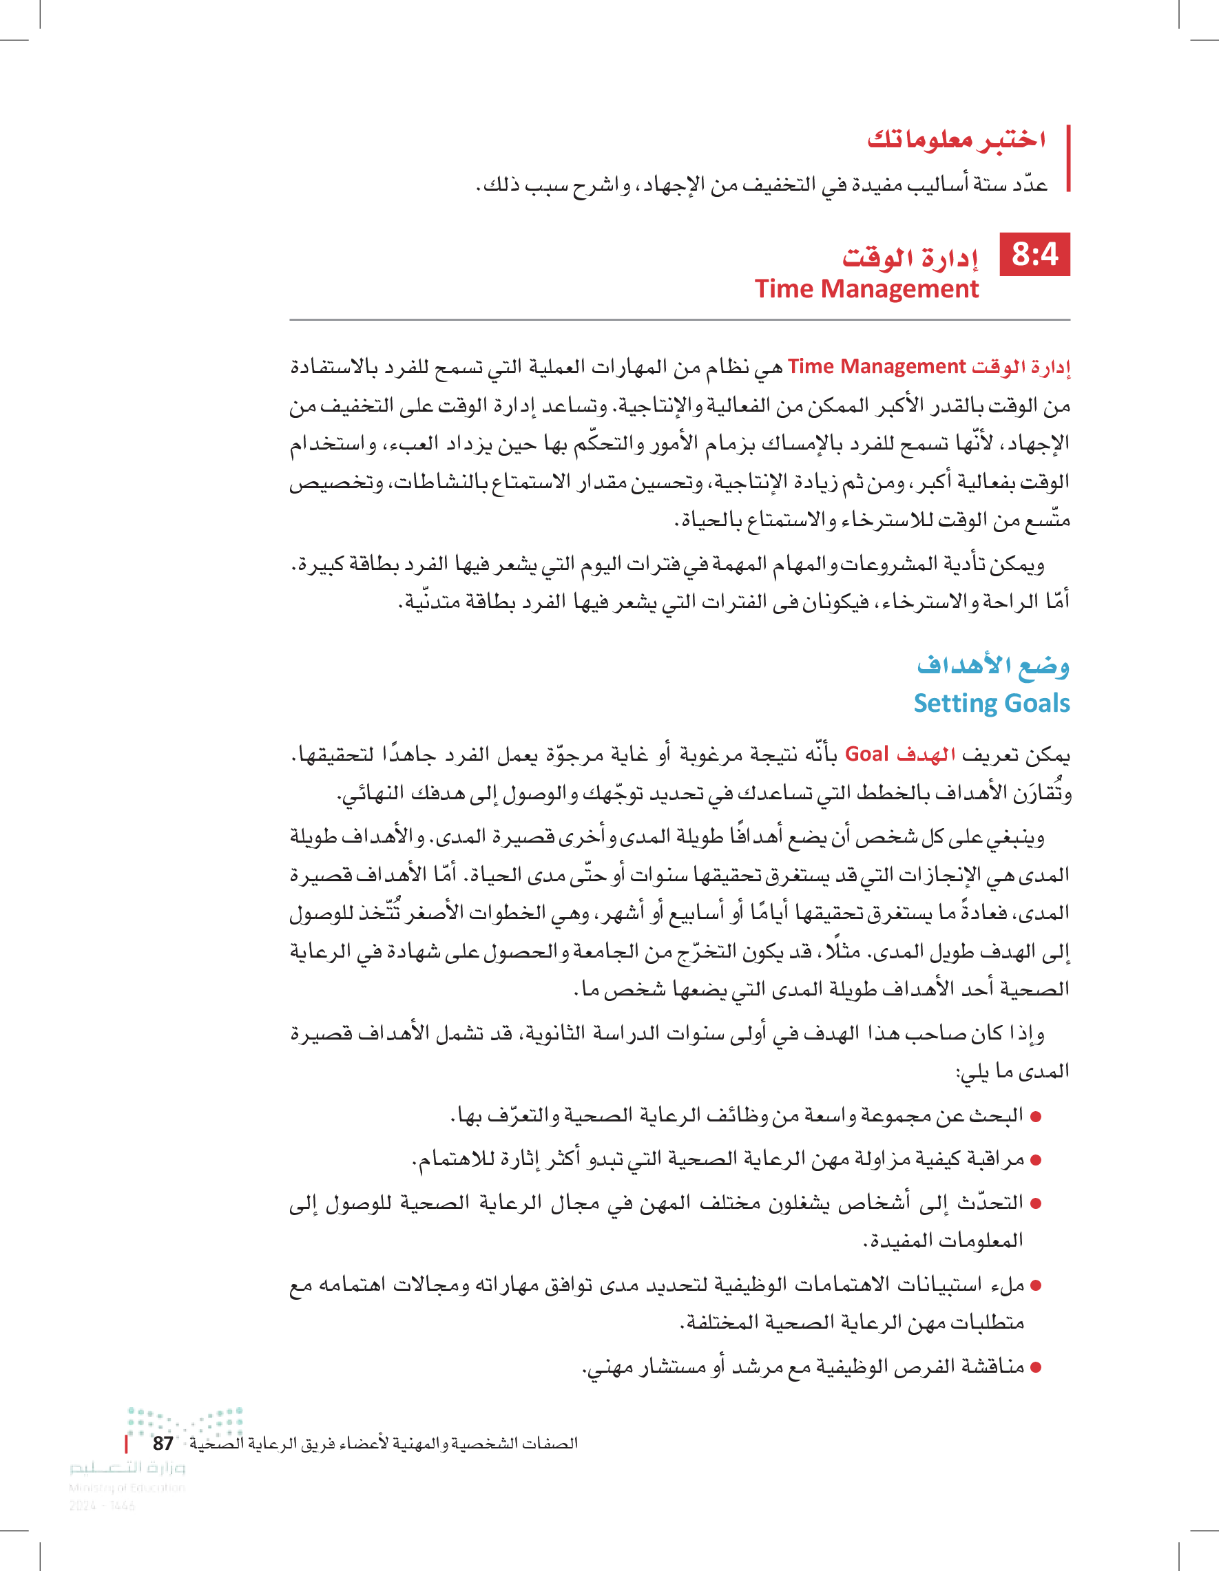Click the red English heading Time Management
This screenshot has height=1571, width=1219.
click(866, 289)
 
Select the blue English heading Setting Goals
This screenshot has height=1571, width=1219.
click(992, 703)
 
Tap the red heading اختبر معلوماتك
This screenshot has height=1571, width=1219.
click(957, 139)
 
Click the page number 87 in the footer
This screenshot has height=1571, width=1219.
click(163, 1443)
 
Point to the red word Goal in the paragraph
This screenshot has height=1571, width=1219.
click(866, 754)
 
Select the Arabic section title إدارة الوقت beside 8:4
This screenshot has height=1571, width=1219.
click(910, 256)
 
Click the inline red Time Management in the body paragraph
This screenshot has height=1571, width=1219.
click(877, 367)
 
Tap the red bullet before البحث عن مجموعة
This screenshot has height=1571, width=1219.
click(1036, 1117)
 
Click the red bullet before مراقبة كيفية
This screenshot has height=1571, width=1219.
click(1036, 1160)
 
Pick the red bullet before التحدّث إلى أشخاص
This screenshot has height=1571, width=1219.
click(1036, 1203)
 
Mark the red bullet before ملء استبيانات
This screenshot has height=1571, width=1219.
click(1036, 1285)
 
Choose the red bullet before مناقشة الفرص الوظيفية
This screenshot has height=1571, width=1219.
click(1036, 1367)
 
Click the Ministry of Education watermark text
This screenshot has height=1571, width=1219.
click(127, 1488)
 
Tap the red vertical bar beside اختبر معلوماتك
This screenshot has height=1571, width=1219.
click(1069, 158)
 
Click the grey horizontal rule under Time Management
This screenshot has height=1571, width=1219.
click(679, 319)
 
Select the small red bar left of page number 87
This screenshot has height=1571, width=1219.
click(127, 1444)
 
